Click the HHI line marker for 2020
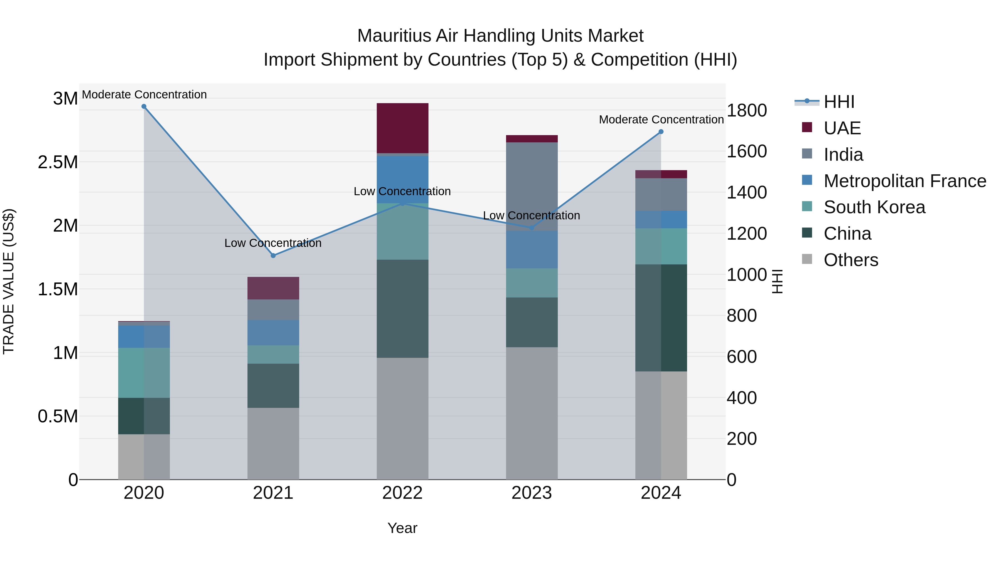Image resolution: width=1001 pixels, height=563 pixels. point(144,106)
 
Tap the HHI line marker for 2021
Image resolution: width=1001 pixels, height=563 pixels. point(273,256)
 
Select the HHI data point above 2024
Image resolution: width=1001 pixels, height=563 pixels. point(661,132)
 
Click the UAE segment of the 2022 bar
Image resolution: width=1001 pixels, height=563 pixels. point(403,128)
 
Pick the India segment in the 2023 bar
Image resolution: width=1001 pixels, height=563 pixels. point(532,187)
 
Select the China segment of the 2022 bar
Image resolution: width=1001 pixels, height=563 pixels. point(403,309)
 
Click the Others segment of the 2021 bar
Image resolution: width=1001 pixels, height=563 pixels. point(273,443)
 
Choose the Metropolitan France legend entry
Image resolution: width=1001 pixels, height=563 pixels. point(905,181)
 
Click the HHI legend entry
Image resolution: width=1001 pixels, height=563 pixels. point(839,102)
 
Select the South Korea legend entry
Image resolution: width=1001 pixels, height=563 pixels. point(874,207)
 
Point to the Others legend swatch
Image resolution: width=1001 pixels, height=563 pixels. point(807,259)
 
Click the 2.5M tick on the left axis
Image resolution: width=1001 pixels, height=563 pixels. point(58,162)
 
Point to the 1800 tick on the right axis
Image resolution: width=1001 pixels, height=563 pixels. point(747,111)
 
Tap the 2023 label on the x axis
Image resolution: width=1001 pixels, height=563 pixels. point(532,493)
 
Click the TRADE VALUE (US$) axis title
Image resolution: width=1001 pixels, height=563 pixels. point(9,281)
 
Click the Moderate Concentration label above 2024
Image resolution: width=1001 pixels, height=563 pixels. point(661,120)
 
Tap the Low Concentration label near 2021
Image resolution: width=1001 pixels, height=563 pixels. point(273,243)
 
